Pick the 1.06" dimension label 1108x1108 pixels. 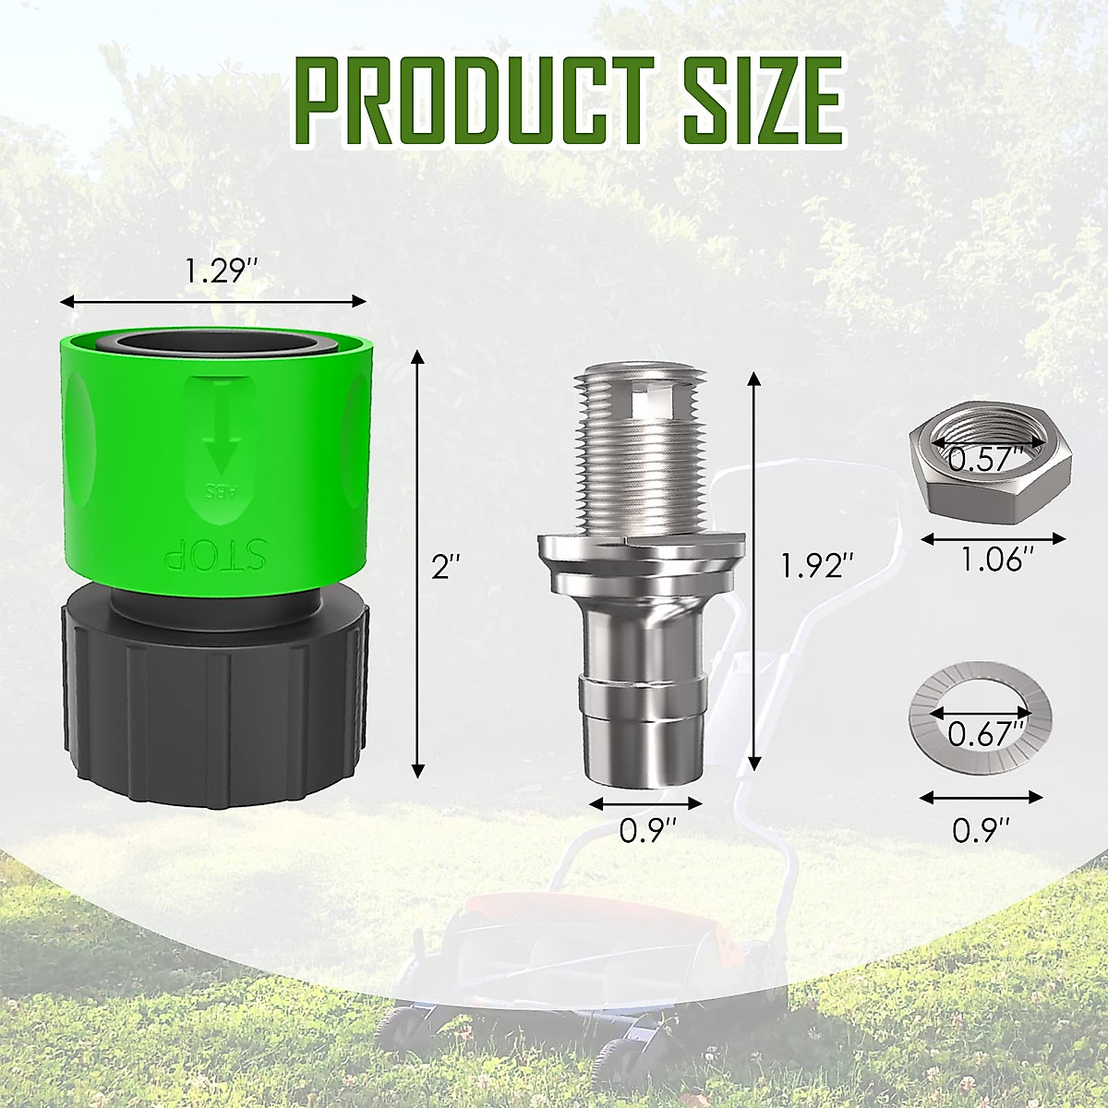(994, 560)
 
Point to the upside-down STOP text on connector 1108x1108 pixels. (214, 555)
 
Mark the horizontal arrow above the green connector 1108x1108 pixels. (213, 300)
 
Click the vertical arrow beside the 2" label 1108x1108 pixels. (418, 563)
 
